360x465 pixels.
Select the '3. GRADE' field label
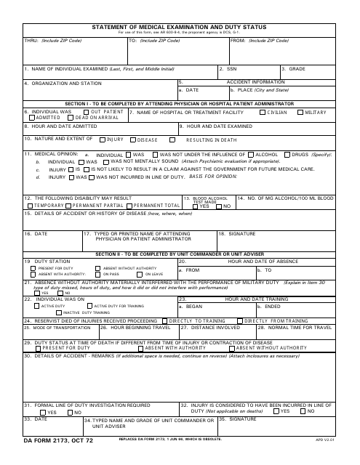coord(295,69)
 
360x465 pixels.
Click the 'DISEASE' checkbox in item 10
coord(132,139)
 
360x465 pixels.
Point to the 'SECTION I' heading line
coord(180,105)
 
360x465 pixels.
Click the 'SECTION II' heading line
coord(180,253)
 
